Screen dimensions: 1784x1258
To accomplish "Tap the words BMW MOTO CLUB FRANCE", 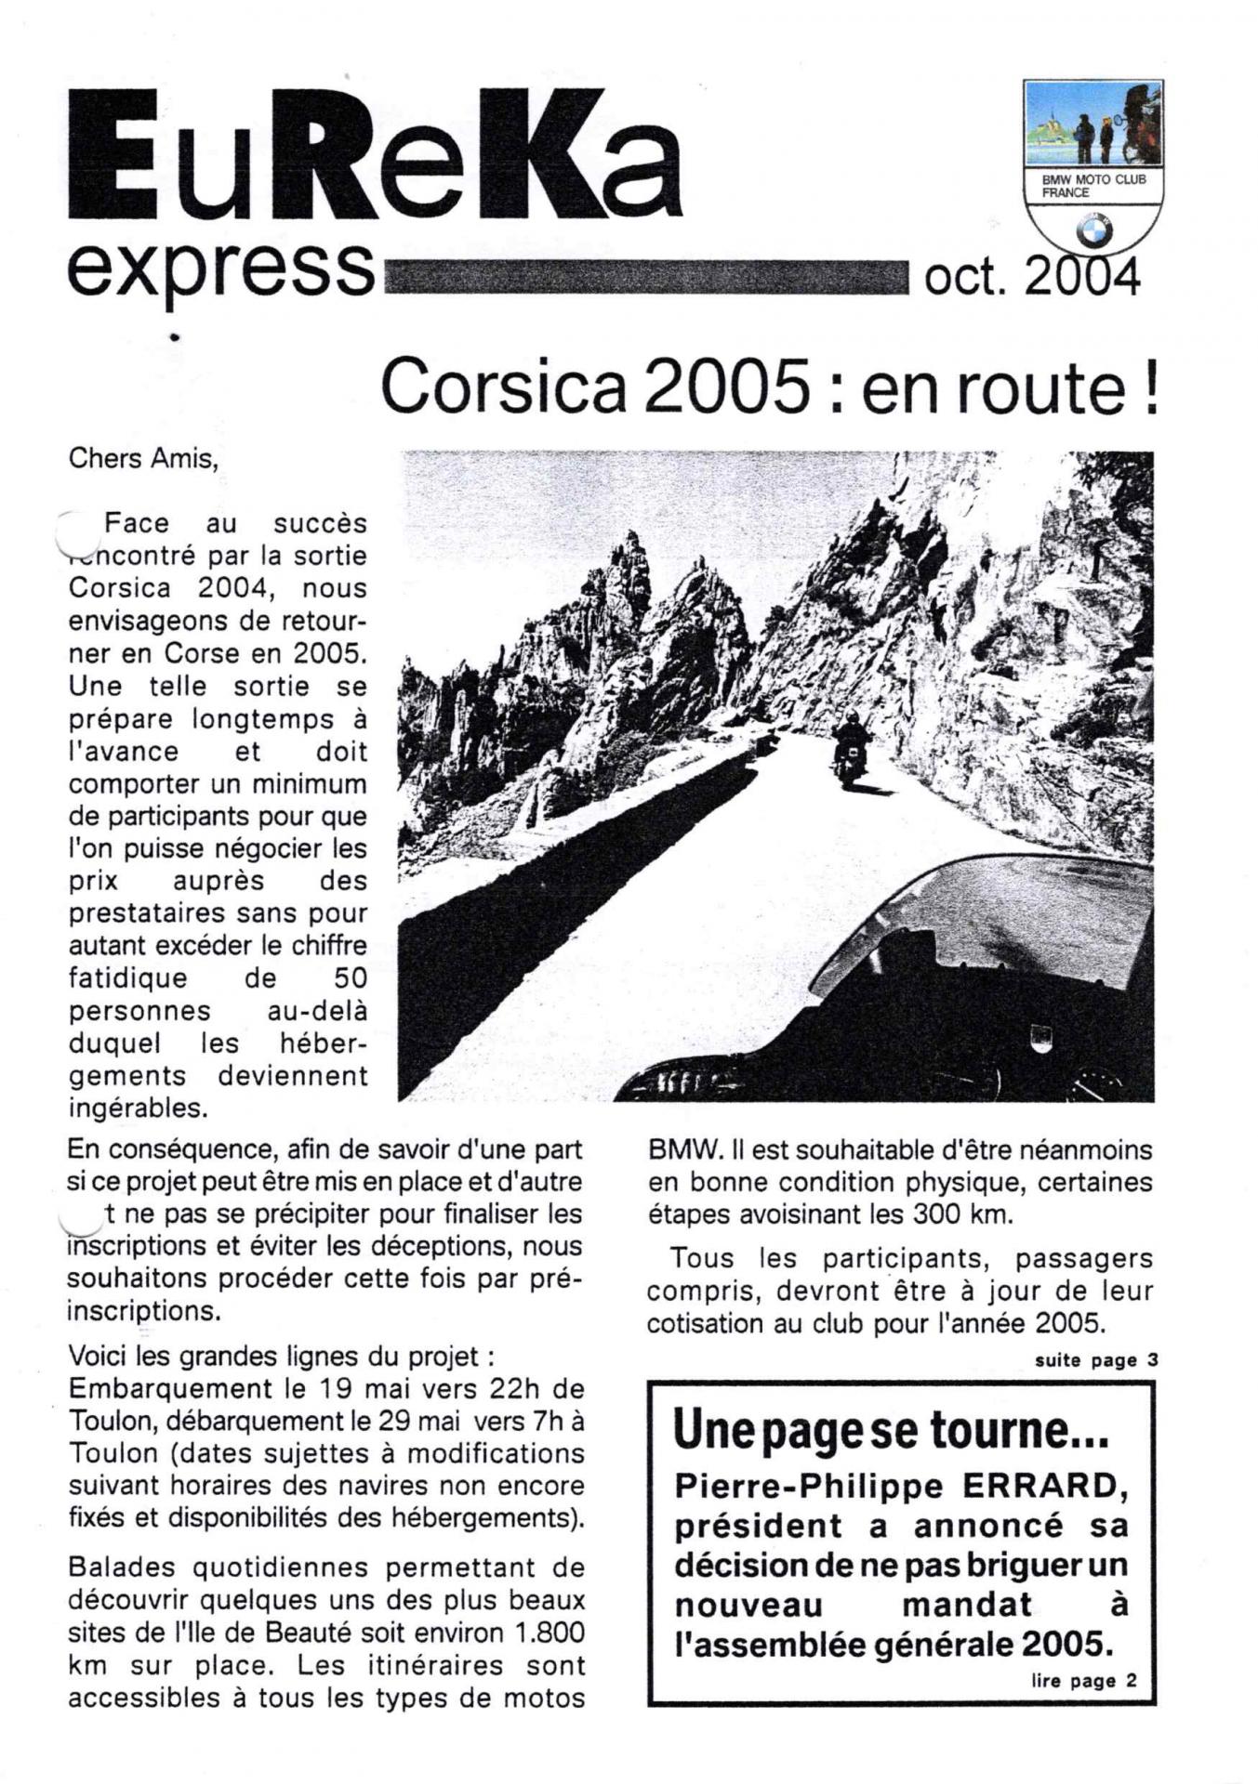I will pyautogui.click(x=1092, y=186).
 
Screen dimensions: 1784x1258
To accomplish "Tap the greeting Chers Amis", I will pyautogui.click(x=143, y=458).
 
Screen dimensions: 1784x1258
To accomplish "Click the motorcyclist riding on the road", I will pyautogui.click(x=849, y=751).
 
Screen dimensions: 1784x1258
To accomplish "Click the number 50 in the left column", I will pyautogui.click(x=350, y=978).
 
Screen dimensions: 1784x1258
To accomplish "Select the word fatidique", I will pyautogui.click(x=127, y=978).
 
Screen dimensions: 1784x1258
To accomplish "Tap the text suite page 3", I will pyautogui.click(x=1096, y=1360).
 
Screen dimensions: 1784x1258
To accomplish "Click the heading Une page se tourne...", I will pyautogui.click(x=891, y=1431).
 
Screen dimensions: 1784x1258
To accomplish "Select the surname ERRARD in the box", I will pyautogui.click(x=1045, y=1487).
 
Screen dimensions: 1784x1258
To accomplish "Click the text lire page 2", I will pyautogui.click(x=1083, y=1681).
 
